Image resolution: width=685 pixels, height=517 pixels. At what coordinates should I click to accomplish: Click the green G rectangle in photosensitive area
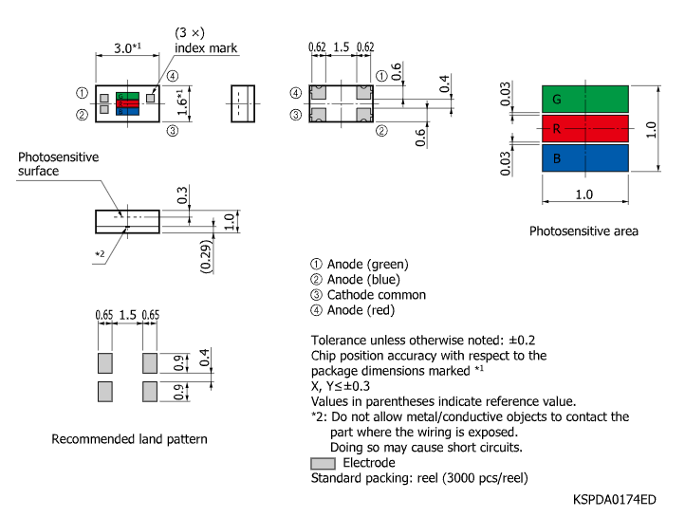584,99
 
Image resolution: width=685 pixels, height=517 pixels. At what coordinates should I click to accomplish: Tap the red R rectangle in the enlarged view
584,128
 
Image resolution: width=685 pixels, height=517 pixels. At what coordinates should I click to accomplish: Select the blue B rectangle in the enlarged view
584,157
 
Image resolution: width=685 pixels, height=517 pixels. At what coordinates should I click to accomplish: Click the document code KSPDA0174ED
614,499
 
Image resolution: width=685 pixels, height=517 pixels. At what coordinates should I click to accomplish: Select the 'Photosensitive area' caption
583,231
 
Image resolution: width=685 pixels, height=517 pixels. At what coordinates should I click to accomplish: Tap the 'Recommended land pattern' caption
129,439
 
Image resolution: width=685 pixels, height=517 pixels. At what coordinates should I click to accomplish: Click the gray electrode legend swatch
323,463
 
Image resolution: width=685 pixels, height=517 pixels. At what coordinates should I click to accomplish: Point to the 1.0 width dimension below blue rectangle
583,194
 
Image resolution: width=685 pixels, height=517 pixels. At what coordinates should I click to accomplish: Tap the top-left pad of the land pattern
104,362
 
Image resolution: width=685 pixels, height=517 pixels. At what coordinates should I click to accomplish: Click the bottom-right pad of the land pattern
149,391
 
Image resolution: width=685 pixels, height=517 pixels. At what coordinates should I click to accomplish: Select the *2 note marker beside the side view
100,253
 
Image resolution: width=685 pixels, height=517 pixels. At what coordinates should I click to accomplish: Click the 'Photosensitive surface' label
58,164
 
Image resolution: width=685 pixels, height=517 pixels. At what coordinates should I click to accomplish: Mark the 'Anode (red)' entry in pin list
361,310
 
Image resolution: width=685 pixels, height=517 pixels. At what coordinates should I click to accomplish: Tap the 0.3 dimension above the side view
181,196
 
